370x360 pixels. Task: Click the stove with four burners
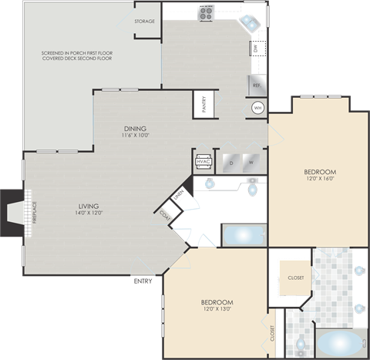207,12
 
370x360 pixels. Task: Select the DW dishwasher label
255,49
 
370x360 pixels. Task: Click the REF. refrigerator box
256,85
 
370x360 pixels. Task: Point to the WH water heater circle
257,108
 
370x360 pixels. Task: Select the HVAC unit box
203,162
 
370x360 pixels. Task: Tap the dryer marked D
230,163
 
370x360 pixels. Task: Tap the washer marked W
250,163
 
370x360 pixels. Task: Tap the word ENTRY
143,281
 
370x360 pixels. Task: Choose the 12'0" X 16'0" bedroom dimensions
319,179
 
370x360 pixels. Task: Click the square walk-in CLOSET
295,278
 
